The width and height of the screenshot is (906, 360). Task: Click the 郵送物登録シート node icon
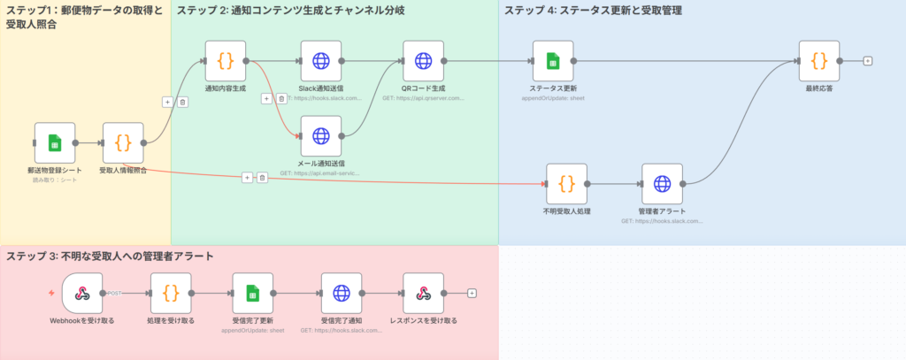[x=55, y=142]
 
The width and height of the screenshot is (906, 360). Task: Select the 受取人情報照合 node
[x=123, y=142]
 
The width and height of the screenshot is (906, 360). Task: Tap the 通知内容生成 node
[x=225, y=61]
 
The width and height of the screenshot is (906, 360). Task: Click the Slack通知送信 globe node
[x=320, y=61]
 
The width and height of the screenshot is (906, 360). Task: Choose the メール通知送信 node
[x=320, y=136]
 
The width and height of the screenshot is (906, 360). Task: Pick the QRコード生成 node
[x=423, y=61]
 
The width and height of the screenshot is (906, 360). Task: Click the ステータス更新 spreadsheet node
[x=553, y=61]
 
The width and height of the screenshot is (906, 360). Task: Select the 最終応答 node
[x=818, y=61]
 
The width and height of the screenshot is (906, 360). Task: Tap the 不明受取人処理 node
[x=567, y=184]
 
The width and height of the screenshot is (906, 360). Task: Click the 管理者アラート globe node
[x=662, y=184]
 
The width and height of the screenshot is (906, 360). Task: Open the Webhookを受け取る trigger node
[x=82, y=293]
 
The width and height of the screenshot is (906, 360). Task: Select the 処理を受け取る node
[x=171, y=293]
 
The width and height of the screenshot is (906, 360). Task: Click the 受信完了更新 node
[x=252, y=293]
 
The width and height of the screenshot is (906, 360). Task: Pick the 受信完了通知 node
[x=342, y=293]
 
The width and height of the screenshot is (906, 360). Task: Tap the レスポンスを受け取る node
[x=423, y=293]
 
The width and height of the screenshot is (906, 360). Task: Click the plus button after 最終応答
[x=868, y=61]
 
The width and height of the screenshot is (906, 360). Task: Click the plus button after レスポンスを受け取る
[x=472, y=293]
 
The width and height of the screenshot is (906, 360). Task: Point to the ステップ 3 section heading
[x=110, y=257]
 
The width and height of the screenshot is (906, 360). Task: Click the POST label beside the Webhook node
[x=114, y=293]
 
